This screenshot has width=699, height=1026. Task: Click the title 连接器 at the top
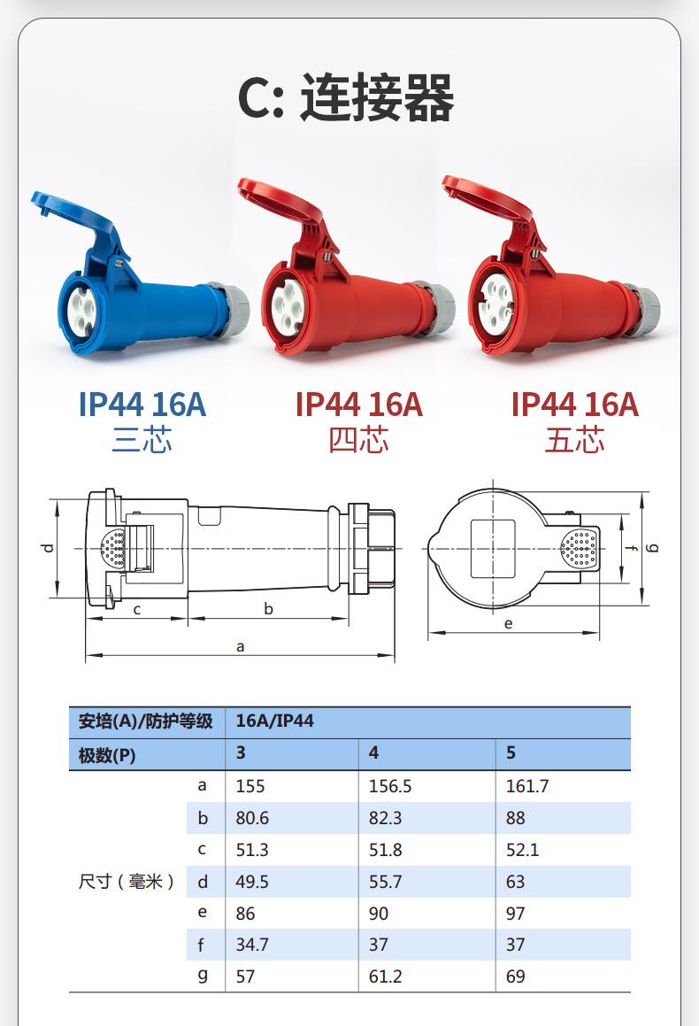pyautogui.click(x=377, y=97)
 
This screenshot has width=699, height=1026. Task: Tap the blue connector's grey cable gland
pyautogui.click(x=229, y=309)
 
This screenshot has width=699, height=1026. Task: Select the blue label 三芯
pyautogui.click(x=142, y=439)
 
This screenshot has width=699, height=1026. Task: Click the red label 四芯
pyautogui.click(x=358, y=439)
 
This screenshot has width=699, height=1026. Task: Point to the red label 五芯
pyautogui.click(x=574, y=439)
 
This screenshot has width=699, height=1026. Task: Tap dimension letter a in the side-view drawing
pyautogui.click(x=240, y=647)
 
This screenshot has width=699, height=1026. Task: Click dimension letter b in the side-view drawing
pyautogui.click(x=268, y=608)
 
